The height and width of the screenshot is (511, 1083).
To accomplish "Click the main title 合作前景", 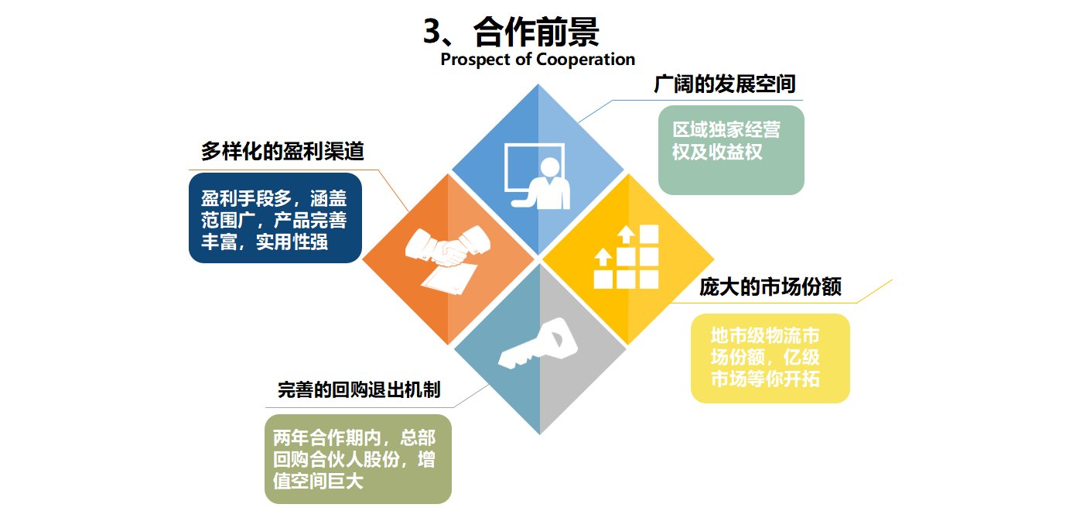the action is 537,32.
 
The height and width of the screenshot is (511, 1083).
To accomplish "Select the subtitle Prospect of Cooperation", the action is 538,60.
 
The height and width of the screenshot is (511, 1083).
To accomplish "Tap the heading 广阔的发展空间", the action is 725,84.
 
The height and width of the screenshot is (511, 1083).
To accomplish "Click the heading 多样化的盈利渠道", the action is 282,151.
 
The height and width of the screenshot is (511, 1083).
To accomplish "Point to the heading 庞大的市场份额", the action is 770,286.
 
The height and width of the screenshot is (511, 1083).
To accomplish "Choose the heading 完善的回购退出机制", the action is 359,389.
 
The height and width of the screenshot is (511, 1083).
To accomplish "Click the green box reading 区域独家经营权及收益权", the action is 731,150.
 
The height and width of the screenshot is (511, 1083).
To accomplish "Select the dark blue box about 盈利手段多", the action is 275,218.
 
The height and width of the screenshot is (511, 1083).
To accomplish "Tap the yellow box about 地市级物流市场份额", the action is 770,358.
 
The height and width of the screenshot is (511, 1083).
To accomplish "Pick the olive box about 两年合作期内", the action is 357,458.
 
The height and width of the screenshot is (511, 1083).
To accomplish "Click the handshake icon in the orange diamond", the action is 448,246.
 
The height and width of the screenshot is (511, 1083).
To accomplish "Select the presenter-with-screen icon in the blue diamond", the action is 537,176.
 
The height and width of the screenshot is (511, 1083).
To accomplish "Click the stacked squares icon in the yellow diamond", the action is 626,257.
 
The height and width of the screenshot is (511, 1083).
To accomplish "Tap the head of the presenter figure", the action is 550,167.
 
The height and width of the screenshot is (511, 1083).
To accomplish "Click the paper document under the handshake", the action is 449,280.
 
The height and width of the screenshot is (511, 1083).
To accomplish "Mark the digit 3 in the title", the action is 432,32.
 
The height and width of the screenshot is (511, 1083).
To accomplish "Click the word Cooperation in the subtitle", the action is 586,60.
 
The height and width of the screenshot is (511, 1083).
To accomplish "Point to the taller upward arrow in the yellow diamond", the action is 626,234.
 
